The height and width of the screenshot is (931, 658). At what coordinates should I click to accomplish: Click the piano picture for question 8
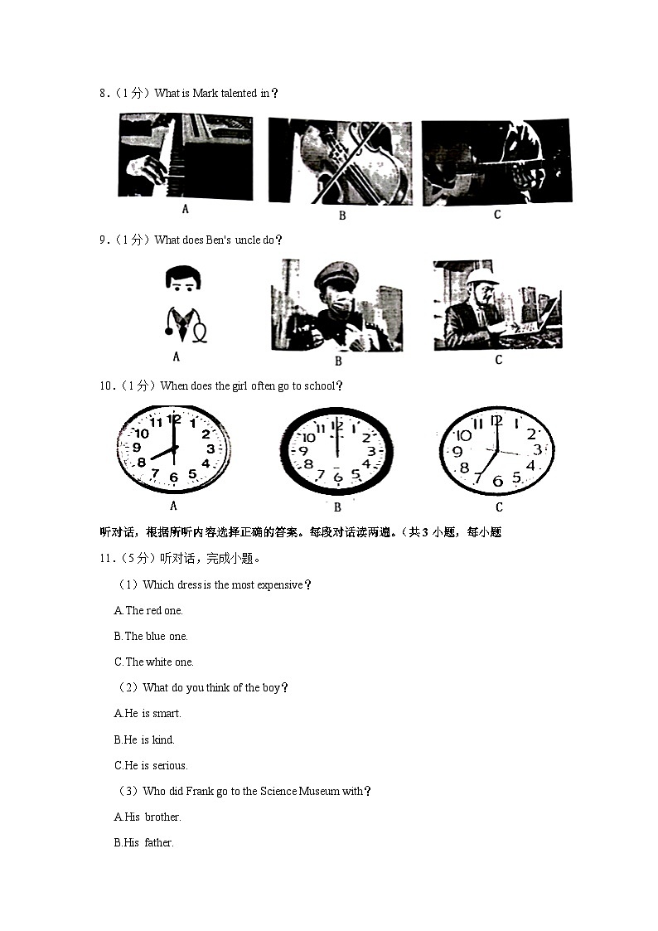click(185, 157)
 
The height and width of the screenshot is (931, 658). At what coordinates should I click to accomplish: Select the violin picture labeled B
click(340, 162)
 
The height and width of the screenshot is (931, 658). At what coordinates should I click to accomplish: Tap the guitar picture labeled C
click(496, 162)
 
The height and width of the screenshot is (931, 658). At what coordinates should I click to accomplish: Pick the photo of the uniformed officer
click(336, 305)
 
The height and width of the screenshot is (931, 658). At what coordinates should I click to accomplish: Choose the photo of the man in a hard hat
click(496, 305)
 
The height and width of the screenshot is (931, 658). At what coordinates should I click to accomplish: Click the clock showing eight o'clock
click(173, 449)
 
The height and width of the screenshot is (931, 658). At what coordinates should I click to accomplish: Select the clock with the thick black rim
click(336, 451)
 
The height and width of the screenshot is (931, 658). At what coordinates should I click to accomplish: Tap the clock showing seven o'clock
click(496, 450)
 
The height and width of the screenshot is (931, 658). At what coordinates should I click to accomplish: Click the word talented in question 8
click(239, 94)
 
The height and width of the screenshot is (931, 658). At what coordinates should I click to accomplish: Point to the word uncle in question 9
click(248, 240)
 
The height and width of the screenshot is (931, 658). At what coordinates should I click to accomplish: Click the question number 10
click(105, 386)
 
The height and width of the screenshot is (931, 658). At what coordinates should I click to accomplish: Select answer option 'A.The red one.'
click(148, 611)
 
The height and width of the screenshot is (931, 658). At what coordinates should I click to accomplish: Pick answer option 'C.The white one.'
click(153, 662)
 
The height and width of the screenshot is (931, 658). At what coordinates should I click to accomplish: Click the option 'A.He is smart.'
click(148, 714)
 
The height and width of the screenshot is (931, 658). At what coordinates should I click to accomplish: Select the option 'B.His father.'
click(143, 843)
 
